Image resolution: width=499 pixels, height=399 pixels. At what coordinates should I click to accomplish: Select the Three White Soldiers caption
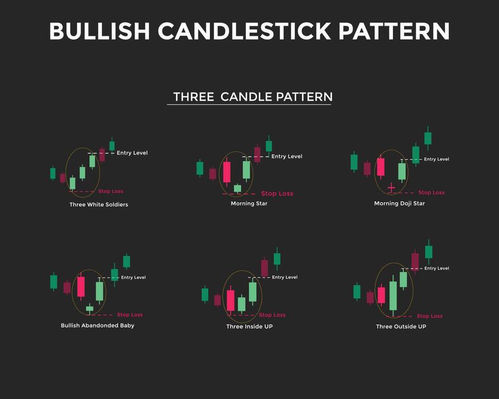pyautogui.click(x=99, y=205)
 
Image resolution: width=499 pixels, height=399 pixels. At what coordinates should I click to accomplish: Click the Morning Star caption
pyautogui.click(x=249, y=203)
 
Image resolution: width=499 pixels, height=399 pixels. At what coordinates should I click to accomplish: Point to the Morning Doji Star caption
pyautogui.click(x=399, y=203)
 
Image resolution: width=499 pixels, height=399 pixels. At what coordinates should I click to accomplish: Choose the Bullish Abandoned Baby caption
pyautogui.click(x=98, y=325)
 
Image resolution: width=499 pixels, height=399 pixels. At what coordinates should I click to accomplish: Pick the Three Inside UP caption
pyautogui.click(x=249, y=327)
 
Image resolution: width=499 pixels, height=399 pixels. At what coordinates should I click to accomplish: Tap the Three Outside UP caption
pyautogui.click(x=401, y=327)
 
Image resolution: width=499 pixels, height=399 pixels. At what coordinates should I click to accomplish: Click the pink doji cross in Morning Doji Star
pyautogui.click(x=391, y=188)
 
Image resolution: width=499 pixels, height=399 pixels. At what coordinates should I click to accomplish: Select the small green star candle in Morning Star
pyautogui.click(x=237, y=188)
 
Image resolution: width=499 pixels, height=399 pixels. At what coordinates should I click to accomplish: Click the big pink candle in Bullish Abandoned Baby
pyautogui.click(x=80, y=287)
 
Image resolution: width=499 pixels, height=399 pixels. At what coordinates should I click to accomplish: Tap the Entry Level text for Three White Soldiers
pyautogui.click(x=132, y=153)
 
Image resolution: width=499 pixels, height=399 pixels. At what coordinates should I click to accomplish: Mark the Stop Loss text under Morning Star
pyautogui.click(x=277, y=194)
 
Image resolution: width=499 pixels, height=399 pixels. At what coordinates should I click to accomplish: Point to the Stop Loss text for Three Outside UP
pyautogui.click(x=429, y=316)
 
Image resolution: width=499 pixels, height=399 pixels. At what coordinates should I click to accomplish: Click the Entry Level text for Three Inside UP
pyautogui.click(x=285, y=278)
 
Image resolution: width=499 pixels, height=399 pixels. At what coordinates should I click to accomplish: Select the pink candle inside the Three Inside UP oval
pyautogui.click(x=230, y=300)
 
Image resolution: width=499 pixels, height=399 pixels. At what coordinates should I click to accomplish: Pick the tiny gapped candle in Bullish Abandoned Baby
pyautogui.click(x=90, y=308)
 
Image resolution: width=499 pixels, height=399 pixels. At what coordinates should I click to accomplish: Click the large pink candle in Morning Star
pyautogui.click(x=226, y=172)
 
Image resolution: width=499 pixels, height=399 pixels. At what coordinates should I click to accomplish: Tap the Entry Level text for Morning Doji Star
pyautogui.click(x=436, y=160)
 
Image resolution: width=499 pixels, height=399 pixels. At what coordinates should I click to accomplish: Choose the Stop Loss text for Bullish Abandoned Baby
pyautogui.click(x=130, y=315)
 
